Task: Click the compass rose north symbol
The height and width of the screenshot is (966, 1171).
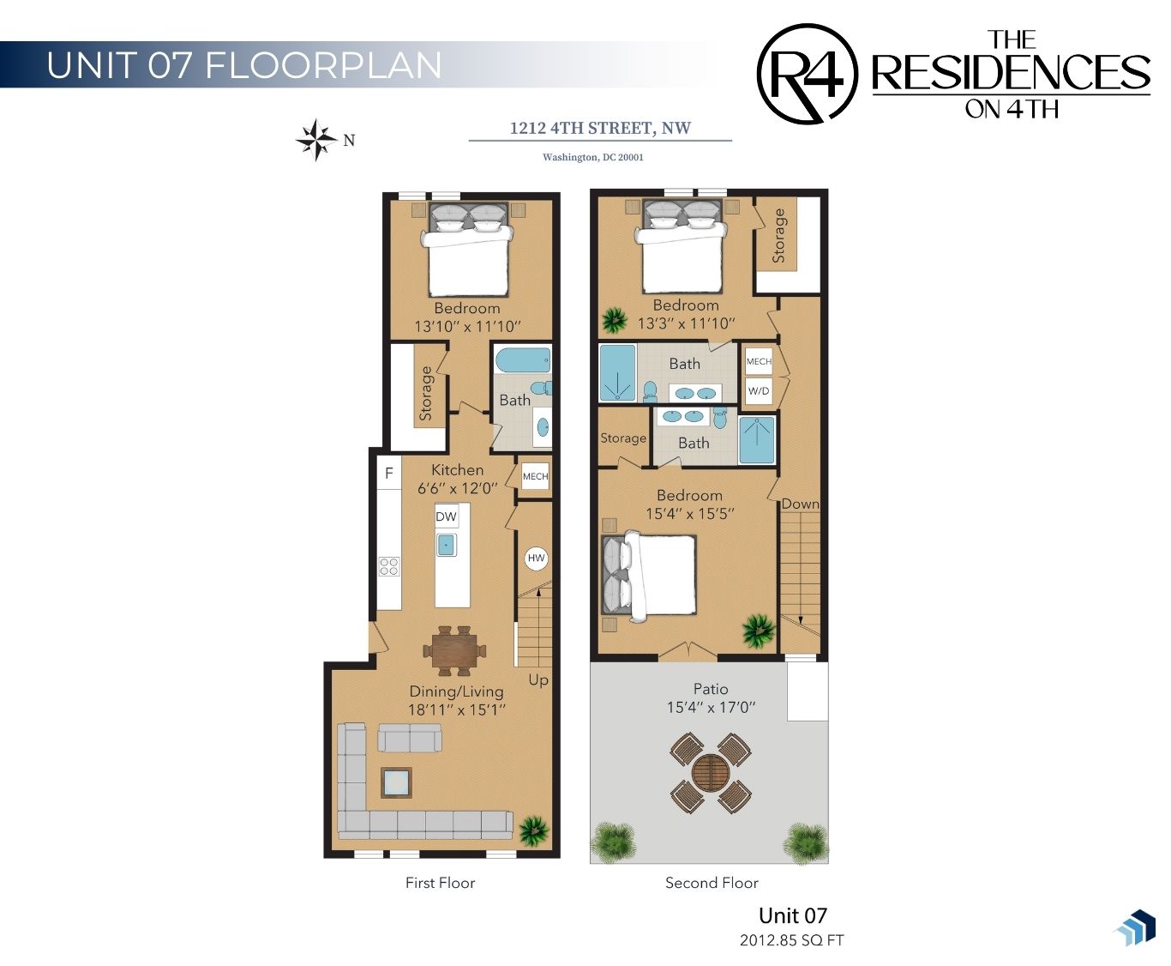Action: click(x=317, y=140)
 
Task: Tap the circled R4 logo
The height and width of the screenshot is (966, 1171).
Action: click(x=807, y=74)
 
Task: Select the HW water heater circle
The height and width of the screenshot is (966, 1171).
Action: click(x=536, y=558)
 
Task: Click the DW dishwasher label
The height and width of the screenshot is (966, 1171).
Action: click(x=447, y=516)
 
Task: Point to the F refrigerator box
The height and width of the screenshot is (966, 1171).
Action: click(x=388, y=474)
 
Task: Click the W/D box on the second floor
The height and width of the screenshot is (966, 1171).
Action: click(x=758, y=390)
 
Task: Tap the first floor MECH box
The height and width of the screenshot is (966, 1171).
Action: click(x=535, y=476)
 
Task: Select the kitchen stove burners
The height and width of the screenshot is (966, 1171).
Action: click(x=388, y=566)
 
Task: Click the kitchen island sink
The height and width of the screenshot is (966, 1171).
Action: click(x=446, y=545)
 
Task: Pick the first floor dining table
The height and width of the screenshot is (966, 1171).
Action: click(x=455, y=651)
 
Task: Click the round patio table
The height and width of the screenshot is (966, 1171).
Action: click(x=711, y=774)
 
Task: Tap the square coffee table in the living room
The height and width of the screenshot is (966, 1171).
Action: click(x=397, y=782)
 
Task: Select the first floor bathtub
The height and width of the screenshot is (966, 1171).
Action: click(x=523, y=359)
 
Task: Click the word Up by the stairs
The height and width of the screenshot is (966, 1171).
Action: click(x=538, y=680)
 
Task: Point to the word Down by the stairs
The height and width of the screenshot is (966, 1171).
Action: click(x=801, y=504)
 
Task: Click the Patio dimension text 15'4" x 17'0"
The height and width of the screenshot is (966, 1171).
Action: click(x=712, y=707)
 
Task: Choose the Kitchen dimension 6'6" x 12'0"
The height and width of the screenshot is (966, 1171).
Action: click(x=458, y=488)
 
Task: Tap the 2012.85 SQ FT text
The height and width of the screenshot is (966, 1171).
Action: click(x=791, y=940)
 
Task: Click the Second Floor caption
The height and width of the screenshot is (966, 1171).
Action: click(x=712, y=883)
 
